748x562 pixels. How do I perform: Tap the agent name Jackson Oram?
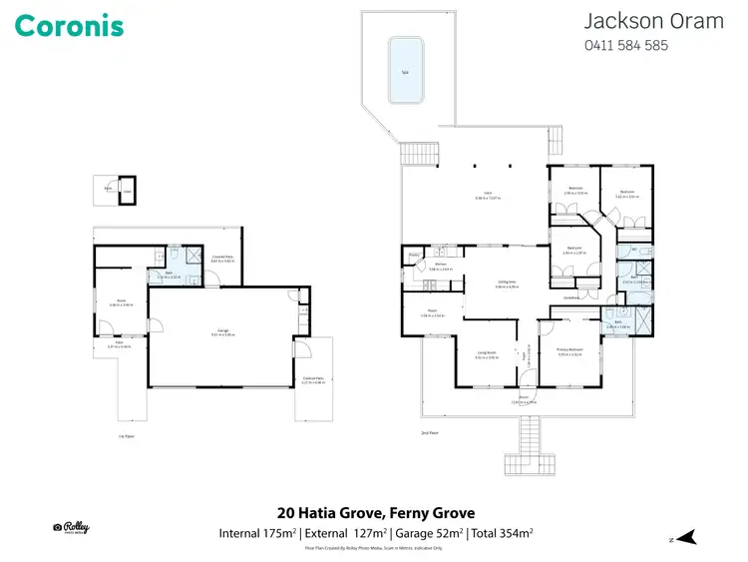[653, 21]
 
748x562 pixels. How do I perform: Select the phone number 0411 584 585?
[625, 45]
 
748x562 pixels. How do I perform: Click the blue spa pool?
[406, 70]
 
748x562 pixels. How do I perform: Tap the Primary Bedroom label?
[569, 349]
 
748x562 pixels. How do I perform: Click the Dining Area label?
[506, 282]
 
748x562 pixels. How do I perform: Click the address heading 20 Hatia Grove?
[369, 514]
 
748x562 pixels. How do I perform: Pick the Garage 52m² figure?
[426, 534]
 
